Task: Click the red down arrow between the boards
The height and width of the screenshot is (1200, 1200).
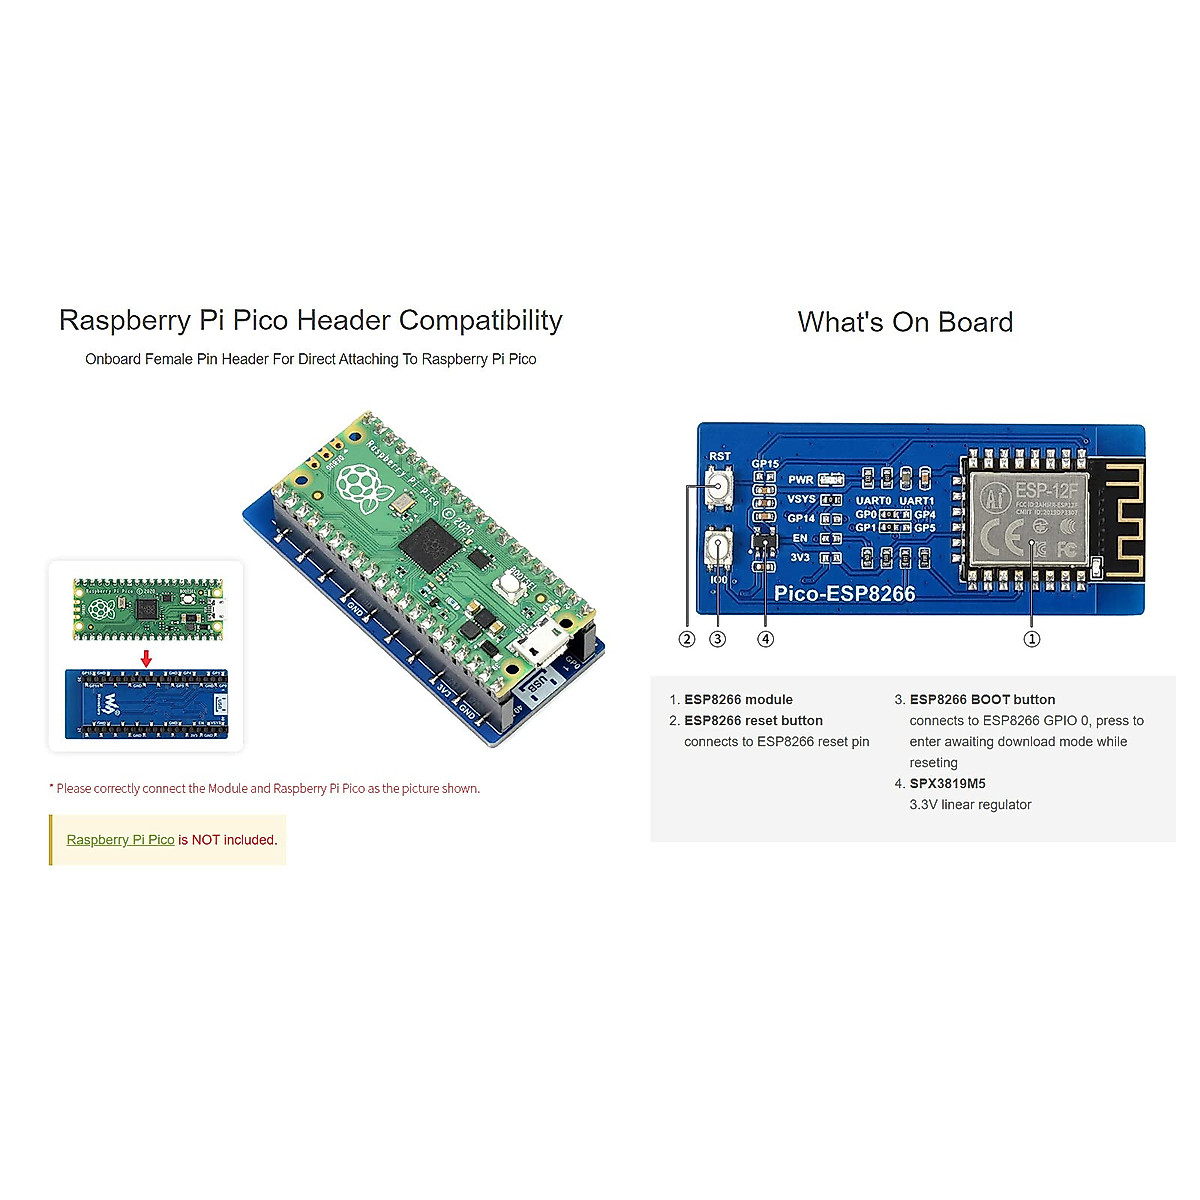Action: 146,658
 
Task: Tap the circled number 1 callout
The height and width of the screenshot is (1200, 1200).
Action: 1032,639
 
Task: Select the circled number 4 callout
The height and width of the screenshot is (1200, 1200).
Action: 766,639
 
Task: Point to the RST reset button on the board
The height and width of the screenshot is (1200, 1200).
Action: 719,487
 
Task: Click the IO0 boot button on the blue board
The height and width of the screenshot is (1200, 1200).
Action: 717,548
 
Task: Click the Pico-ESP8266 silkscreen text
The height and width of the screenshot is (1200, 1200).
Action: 845,593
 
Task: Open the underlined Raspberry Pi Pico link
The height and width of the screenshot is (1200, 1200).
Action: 120,840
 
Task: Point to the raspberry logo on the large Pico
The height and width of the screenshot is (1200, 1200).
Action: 358,483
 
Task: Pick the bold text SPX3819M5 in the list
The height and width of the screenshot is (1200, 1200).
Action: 947,784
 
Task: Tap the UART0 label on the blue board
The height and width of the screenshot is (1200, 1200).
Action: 873,501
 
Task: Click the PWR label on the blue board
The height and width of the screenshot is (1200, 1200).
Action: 800,480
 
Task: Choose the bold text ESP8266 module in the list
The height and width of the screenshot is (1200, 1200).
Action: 738,700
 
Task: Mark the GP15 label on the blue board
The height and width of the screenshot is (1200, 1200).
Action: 765,464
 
